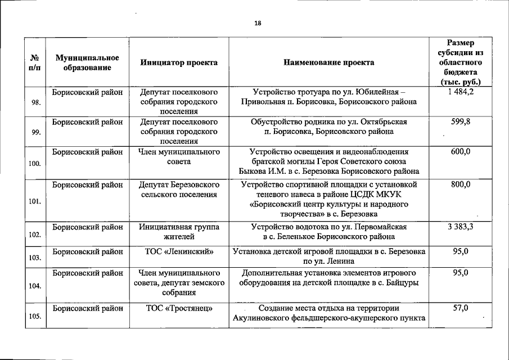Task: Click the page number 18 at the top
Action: click(257, 23)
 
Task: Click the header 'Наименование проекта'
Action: click(329, 63)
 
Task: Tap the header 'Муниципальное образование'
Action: click(87, 63)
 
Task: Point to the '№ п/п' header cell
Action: click(34, 63)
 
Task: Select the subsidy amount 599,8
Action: click(461, 121)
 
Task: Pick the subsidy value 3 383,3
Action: click(461, 227)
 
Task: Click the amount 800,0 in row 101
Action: click(461, 184)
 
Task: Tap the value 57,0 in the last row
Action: click(461, 308)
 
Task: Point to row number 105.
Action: click(35, 317)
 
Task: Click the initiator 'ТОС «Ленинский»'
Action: click(179, 252)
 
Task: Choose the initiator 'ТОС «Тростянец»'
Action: click(179, 308)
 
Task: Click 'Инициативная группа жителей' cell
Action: click(179, 232)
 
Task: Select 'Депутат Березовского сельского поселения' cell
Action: click(179, 189)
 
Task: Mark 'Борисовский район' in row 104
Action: click(87, 273)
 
